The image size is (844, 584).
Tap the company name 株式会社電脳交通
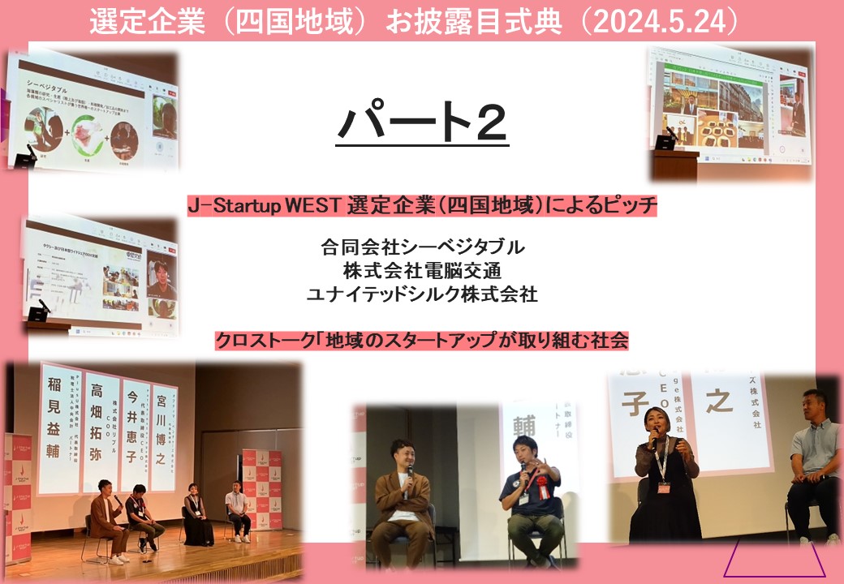422,270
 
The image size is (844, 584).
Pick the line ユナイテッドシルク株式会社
422,294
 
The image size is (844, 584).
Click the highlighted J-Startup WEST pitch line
421,206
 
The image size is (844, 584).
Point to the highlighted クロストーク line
421,340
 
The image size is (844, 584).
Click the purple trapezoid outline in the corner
774,559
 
